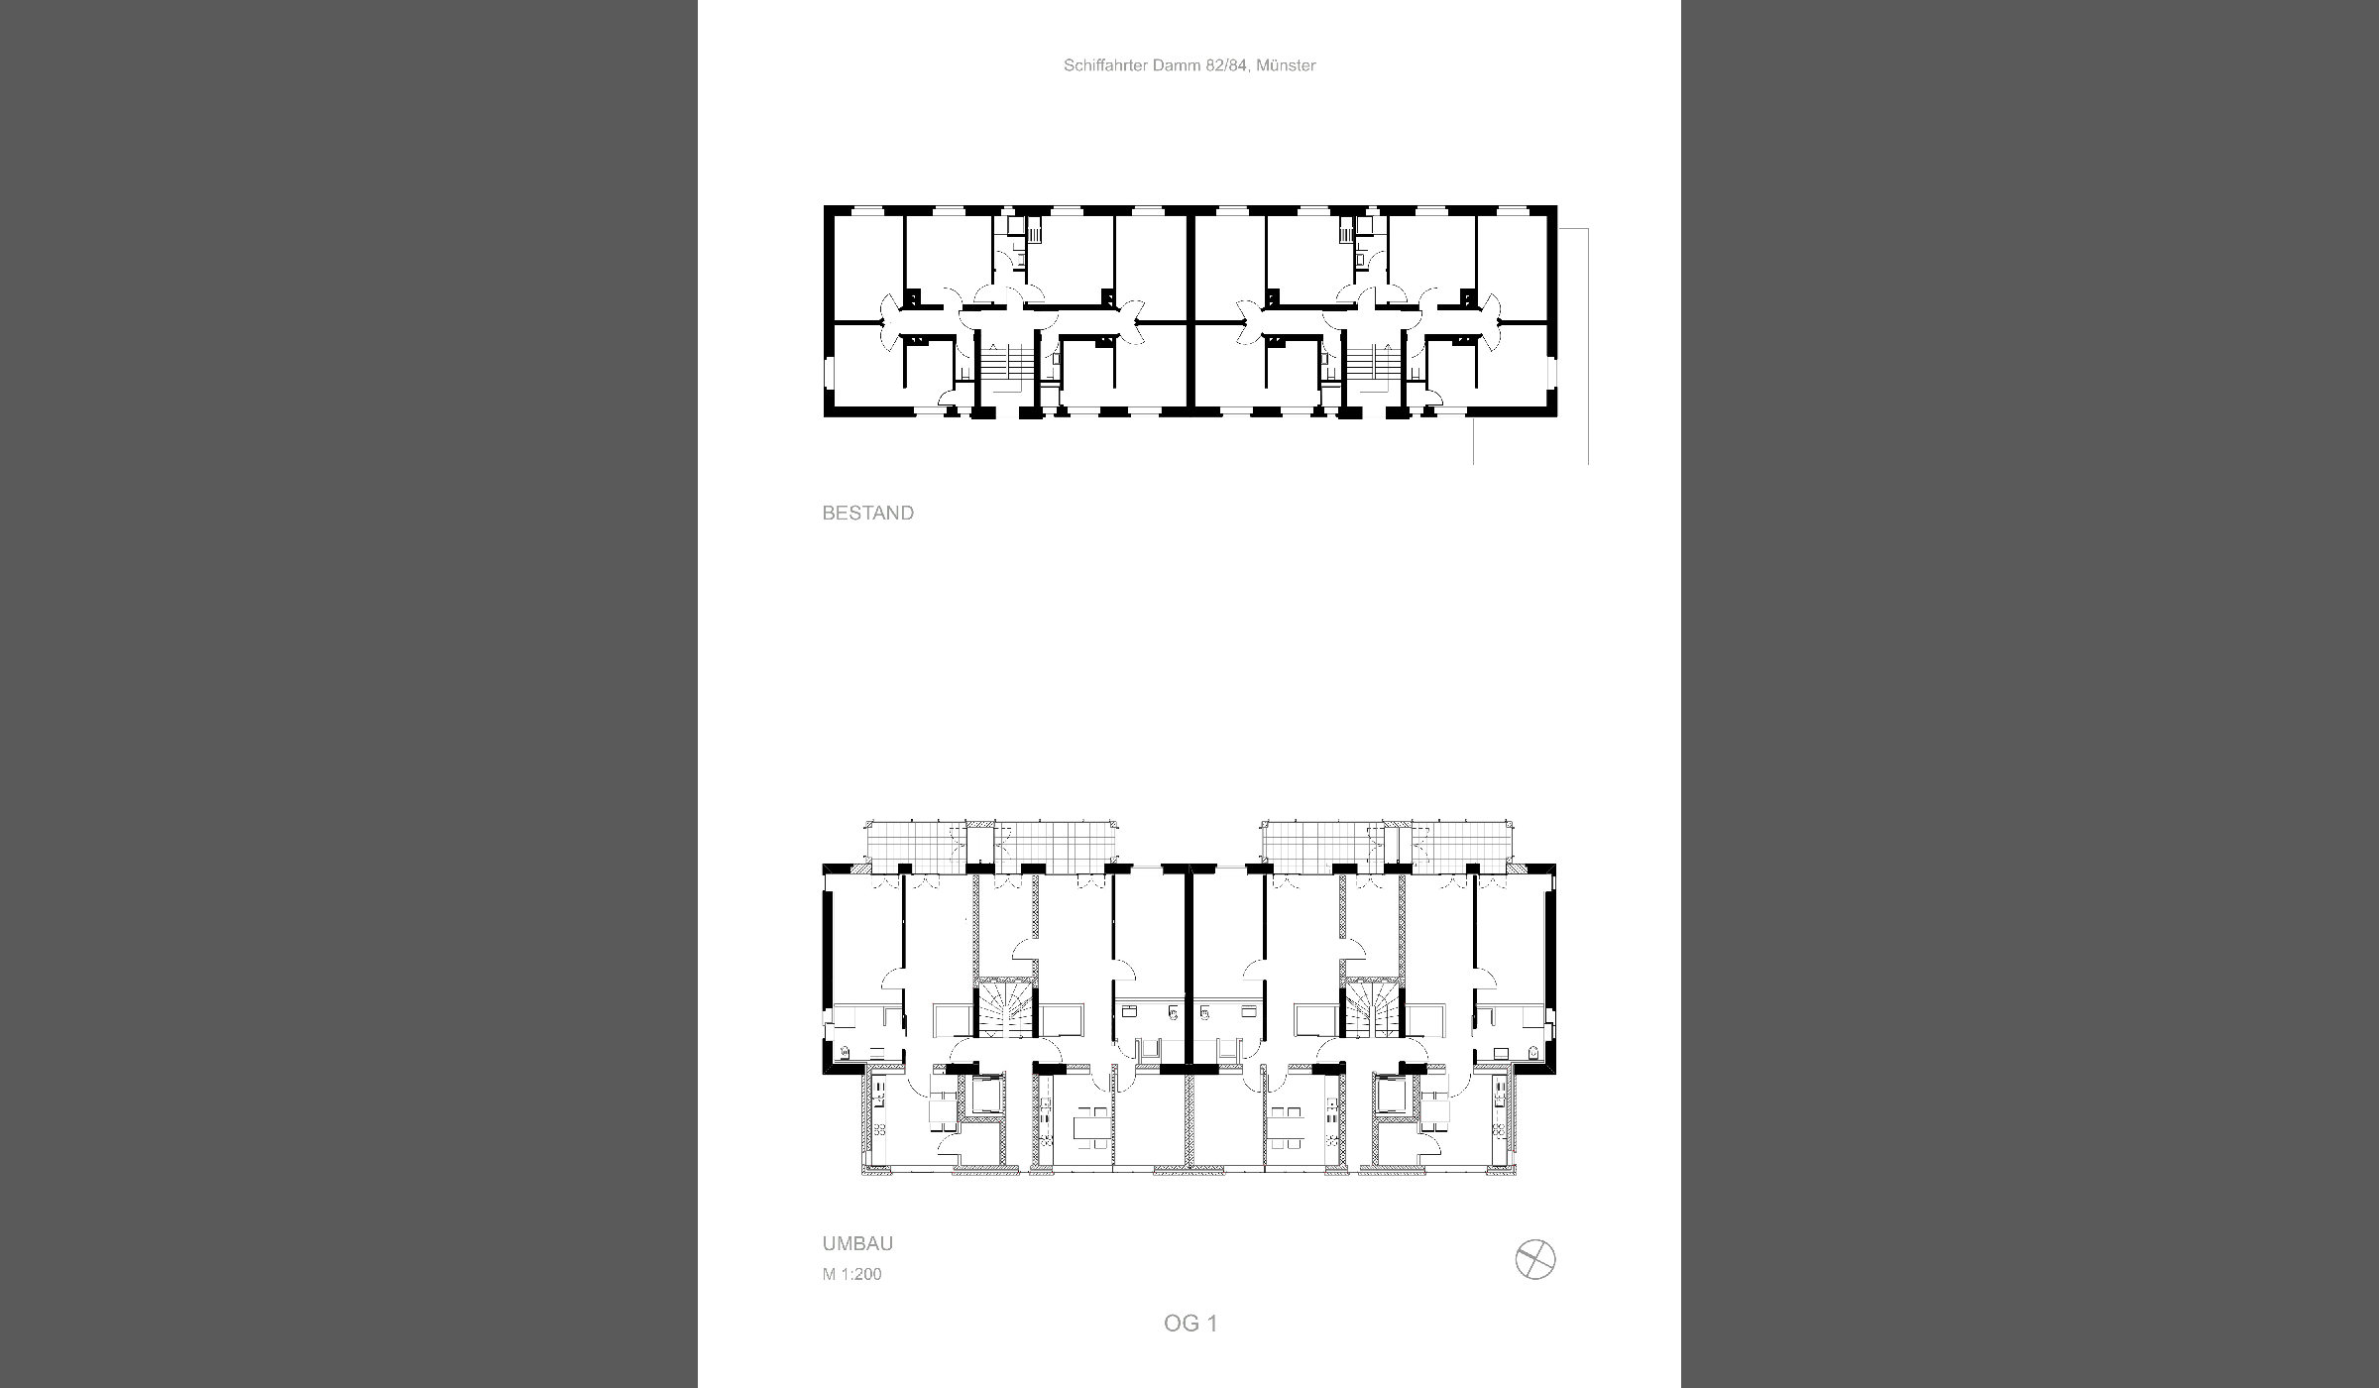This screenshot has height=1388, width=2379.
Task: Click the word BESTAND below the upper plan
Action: [867, 514]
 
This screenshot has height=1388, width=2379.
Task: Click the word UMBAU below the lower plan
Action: [857, 1244]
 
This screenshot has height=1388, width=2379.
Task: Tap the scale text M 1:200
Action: [851, 1274]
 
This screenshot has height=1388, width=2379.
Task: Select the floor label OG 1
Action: [1190, 1324]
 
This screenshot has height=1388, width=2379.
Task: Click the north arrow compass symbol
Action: [1535, 1260]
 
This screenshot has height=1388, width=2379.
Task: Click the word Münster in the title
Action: [1286, 65]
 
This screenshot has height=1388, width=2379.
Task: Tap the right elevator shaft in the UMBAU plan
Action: [1392, 1095]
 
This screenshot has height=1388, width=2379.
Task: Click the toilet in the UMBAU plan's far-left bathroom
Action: [846, 1052]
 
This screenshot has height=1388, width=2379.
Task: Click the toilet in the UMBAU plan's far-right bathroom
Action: [1532, 1052]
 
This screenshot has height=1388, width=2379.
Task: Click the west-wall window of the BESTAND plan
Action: [827, 374]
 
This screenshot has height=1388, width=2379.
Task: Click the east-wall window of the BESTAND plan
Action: [1553, 374]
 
